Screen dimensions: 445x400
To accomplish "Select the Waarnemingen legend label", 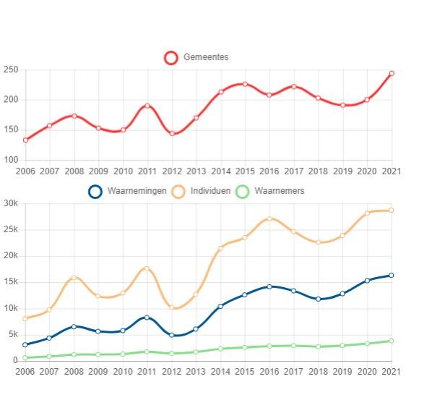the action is click(x=137, y=191).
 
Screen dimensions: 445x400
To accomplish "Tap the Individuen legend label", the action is click(x=210, y=191).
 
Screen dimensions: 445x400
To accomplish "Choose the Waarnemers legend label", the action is click(x=280, y=191).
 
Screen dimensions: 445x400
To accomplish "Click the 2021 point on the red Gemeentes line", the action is click(x=392, y=73).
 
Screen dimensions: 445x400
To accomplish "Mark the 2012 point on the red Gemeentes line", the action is click(x=172, y=133).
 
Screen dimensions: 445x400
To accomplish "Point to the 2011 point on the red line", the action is click(x=147, y=106).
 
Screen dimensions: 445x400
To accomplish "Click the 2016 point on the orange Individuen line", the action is click(x=269, y=218).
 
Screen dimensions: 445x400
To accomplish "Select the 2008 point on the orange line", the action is click(x=74, y=278).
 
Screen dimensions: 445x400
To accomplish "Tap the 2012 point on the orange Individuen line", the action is click(x=171, y=307).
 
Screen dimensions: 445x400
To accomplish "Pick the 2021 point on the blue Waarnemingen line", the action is click(x=391, y=276).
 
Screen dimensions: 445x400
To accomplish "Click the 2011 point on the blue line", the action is click(x=147, y=318).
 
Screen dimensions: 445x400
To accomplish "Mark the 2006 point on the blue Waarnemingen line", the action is click(x=25, y=344).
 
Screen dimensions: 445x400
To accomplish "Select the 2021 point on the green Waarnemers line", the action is click(x=391, y=341).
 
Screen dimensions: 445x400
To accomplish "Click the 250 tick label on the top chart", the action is click(x=11, y=69).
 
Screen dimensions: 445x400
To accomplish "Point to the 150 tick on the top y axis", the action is click(x=11, y=129).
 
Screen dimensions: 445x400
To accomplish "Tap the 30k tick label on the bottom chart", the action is click(x=11, y=203).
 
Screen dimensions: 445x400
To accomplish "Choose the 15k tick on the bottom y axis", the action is click(x=11, y=282).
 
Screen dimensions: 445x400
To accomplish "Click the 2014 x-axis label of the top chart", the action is click(x=221, y=171).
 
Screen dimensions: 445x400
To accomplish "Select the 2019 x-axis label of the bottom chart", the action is click(x=342, y=372).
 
